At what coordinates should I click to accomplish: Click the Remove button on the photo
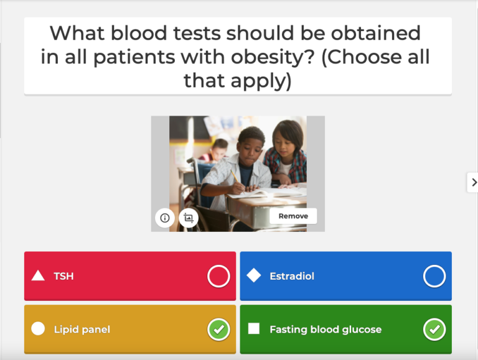pos(293,216)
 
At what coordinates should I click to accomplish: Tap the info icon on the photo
pos(165,218)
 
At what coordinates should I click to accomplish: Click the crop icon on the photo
pos(189,218)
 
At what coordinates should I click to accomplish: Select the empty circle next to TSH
pos(218,276)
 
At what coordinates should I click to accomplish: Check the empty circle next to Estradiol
pos(434,276)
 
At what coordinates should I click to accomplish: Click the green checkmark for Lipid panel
pos(218,330)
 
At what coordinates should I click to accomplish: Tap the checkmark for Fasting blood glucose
pos(434,330)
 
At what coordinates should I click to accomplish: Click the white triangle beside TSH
pos(38,275)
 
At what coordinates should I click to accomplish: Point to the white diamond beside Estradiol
pos(254,275)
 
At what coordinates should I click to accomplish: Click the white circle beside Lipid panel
pos(38,329)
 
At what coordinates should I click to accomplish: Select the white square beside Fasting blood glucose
pos(254,329)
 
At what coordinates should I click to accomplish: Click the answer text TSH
pos(63,276)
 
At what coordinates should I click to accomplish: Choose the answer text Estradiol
pos(292,276)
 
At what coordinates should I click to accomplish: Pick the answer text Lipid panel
pos(82,330)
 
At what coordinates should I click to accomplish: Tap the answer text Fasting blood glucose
pos(326,330)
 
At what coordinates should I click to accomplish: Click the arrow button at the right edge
pos(472,182)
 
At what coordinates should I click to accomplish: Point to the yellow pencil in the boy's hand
pos(235,176)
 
